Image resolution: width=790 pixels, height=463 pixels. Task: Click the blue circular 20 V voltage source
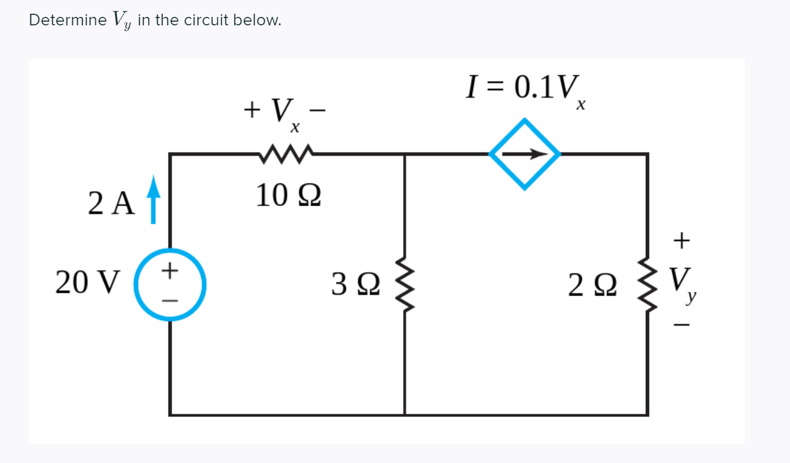click(170, 285)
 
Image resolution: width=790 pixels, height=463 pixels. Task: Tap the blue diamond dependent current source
click(524, 154)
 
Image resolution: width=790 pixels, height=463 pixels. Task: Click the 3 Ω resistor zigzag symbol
click(405, 284)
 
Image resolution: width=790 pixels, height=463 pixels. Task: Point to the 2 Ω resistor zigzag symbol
click(647, 284)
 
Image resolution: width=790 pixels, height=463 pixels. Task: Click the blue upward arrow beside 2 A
click(153, 199)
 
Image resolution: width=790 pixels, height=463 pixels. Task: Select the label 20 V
click(88, 282)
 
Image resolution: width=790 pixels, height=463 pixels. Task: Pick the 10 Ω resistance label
click(288, 196)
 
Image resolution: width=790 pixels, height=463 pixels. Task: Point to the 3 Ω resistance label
click(355, 284)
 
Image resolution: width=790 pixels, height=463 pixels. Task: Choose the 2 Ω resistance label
click(592, 285)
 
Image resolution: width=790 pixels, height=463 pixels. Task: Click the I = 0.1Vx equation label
click(525, 89)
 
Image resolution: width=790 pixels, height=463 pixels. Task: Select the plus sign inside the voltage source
click(170, 271)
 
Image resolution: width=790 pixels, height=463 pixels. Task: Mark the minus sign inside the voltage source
click(170, 301)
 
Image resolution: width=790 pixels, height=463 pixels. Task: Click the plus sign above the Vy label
click(682, 240)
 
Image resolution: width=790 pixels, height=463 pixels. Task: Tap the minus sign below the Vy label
click(682, 325)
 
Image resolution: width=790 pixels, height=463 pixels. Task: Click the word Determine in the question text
click(68, 20)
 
